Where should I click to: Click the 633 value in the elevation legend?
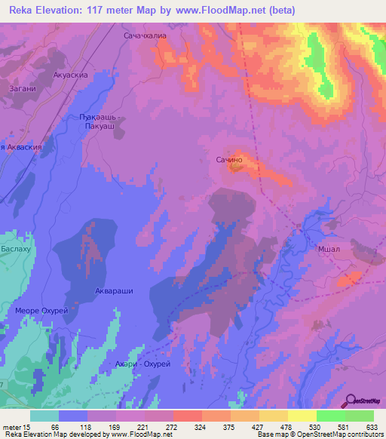(x=372, y=426)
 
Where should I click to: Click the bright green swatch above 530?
(x=330, y=416)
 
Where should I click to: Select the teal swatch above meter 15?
(x=44, y=416)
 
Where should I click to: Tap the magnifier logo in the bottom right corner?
(x=349, y=401)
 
